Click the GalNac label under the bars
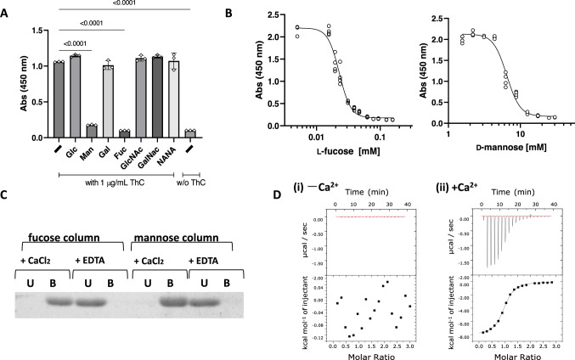click(158, 150)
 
